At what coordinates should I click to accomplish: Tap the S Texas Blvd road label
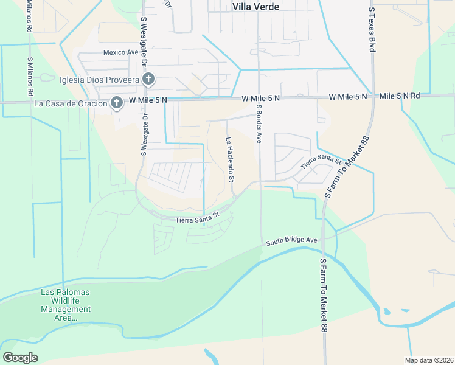coord(371,29)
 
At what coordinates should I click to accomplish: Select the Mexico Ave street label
coord(121,52)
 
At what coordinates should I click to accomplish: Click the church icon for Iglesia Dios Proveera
coord(148,79)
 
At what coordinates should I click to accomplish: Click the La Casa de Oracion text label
coord(71,103)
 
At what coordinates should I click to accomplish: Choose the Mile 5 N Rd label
coord(400,96)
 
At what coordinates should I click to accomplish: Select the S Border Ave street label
coord(259,123)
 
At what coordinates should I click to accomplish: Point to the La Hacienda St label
coord(230,159)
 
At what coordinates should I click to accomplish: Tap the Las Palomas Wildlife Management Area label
coord(66,305)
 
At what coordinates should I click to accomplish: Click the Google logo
coord(20,357)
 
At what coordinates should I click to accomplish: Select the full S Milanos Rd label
coord(29,77)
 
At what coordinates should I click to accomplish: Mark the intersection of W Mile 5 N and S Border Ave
coord(259,97)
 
